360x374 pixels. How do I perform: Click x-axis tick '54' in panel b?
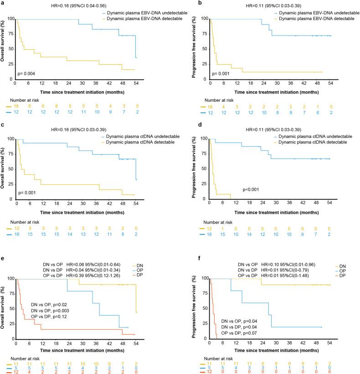329,83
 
